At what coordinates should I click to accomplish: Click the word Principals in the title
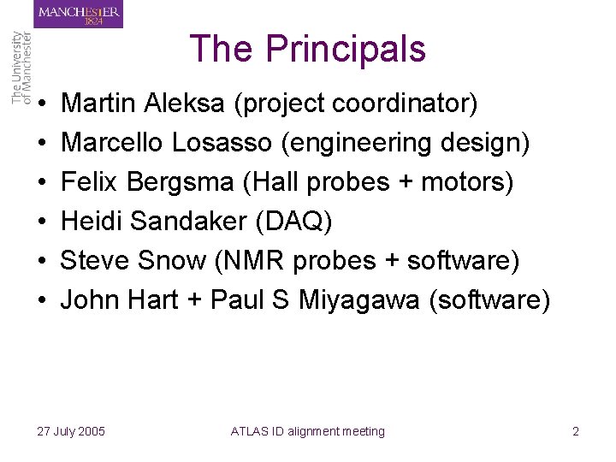pos(345,50)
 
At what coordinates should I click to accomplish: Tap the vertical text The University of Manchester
pos(21,68)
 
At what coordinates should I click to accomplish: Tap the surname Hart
pos(158,300)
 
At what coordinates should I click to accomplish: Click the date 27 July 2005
pos(72,431)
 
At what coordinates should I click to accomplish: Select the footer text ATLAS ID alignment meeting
pos(308,431)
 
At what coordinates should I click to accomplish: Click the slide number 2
pos(576,431)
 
